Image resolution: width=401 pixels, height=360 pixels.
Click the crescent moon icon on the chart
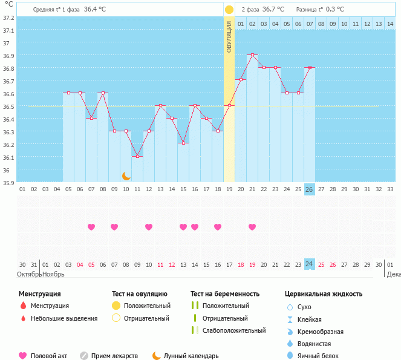(126, 176)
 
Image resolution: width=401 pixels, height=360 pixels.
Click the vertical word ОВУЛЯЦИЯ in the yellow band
(229, 36)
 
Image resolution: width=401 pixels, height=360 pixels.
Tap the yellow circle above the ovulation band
(229, 10)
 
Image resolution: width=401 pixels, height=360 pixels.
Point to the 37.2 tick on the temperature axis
(8, 18)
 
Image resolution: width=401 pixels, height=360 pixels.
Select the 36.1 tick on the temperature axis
(8, 157)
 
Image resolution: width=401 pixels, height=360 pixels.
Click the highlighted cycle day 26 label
(310, 189)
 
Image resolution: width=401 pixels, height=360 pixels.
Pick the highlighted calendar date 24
(310, 264)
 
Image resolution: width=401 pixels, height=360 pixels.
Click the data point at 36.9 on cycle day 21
(252, 55)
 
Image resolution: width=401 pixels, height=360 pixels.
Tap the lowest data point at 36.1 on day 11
(137, 157)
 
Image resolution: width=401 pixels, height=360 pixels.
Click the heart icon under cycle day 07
(91, 227)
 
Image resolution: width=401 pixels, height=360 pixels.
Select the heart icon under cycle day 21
(252, 227)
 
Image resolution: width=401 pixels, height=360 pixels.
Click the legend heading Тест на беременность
(225, 294)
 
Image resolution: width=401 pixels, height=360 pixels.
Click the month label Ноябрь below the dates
(53, 274)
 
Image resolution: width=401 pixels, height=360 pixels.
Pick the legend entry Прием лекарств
(114, 356)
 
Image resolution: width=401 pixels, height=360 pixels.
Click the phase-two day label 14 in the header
(390, 24)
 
